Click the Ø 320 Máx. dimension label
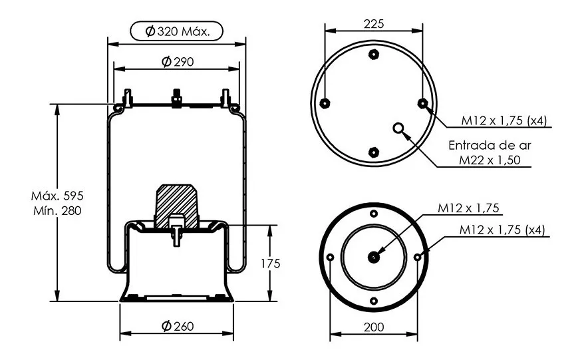177,31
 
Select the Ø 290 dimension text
178,61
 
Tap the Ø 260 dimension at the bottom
178,326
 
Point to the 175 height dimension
271,264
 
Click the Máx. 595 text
57,196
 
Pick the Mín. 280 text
57,211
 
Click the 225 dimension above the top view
374,24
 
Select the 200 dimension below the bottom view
374,327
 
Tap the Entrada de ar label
490,145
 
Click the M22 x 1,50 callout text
490,160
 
